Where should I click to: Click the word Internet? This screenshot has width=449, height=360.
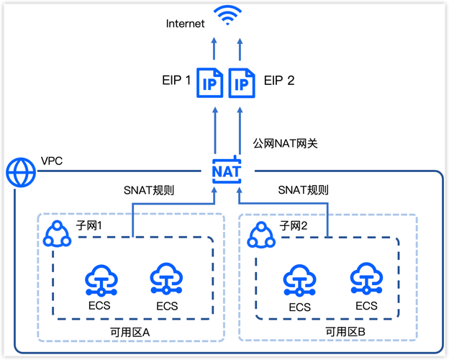[x=185, y=24]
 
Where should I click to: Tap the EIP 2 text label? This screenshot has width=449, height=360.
[x=279, y=81]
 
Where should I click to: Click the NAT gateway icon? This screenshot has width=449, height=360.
[x=227, y=171]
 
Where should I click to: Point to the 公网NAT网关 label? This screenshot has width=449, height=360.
[x=286, y=143]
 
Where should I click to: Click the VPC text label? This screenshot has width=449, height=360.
[x=52, y=161]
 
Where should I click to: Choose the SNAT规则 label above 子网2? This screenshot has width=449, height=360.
[x=303, y=191]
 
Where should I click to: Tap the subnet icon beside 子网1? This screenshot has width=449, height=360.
[x=57, y=233]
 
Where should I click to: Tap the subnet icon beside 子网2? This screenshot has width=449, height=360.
[x=260, y=233]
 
